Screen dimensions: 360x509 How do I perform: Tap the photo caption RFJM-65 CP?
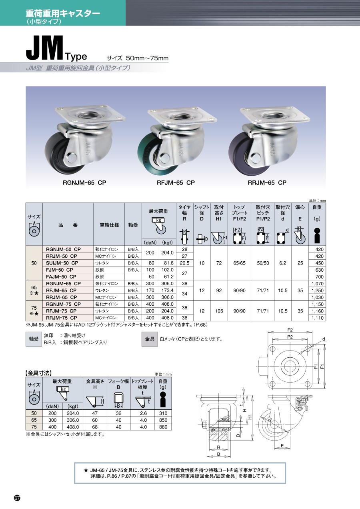[x=176, y=183]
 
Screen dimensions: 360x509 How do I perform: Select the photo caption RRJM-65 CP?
[x=267, y=183]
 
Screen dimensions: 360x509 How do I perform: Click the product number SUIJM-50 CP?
[x=62, y=263]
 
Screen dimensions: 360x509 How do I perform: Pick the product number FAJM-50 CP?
[x=61, y=277]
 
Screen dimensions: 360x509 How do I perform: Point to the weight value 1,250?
[x=318, y=291]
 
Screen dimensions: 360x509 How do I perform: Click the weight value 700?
[x=319, y=277]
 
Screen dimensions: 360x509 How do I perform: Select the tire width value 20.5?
[x=185, y=263]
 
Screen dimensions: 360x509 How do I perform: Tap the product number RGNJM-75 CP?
[x=63, y=304]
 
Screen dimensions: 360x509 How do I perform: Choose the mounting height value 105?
[x=219, y=311]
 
